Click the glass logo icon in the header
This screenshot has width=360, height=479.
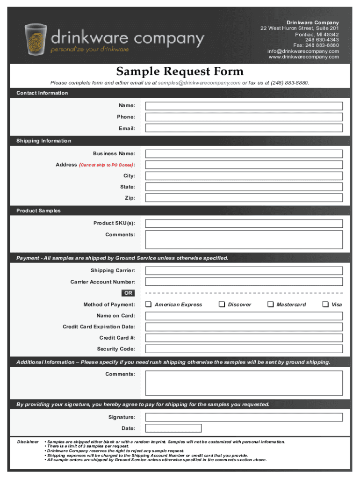tap(36, 39)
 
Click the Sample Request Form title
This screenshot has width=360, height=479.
tap(180, 72)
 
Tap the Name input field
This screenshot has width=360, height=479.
tap(244, 106)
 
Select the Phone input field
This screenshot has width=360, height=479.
tap(244, 117)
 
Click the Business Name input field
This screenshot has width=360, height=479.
tap(244, 153)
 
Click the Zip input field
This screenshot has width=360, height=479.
tap(244, 198)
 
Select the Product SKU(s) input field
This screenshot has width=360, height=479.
tap(244, 224)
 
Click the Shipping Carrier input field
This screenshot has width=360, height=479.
tap(244, 271)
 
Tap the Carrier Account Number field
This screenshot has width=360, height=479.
tap(244, 282)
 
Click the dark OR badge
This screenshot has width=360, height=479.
tap(128, 293)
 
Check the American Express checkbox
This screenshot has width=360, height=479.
tap(148, 305)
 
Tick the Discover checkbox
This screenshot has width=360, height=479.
tap(222, 305)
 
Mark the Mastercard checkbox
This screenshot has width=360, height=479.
tap(270, 305)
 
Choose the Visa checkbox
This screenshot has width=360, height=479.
tap(325, 305)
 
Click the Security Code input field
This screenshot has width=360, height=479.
tap(244, 349)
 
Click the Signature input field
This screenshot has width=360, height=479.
tap(244, 417)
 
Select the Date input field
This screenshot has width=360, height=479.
tap(173, 428)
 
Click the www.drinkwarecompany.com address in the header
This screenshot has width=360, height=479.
tap(303, 57)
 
